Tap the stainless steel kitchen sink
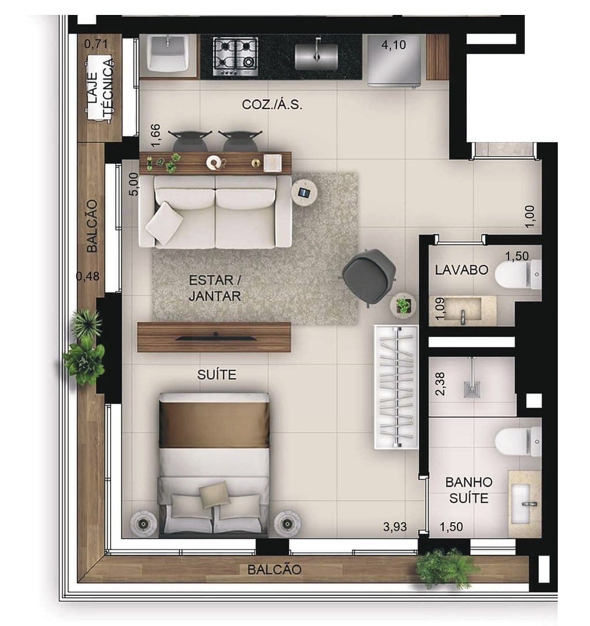(316, 56)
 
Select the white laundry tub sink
(169, 54)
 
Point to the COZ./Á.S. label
(272, 105)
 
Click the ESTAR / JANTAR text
(214, 288)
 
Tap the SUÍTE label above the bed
(217, 375)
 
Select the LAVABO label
(462, 269)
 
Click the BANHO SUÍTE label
(469, 490)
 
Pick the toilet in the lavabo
(517, 274)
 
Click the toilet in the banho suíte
(517, 442)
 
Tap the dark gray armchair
(369, 276)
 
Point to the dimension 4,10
(394, 46)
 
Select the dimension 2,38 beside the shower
(441, 383)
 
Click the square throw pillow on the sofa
(164, 223)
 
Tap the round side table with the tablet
(305, 192)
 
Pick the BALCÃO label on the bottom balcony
(274, 570)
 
